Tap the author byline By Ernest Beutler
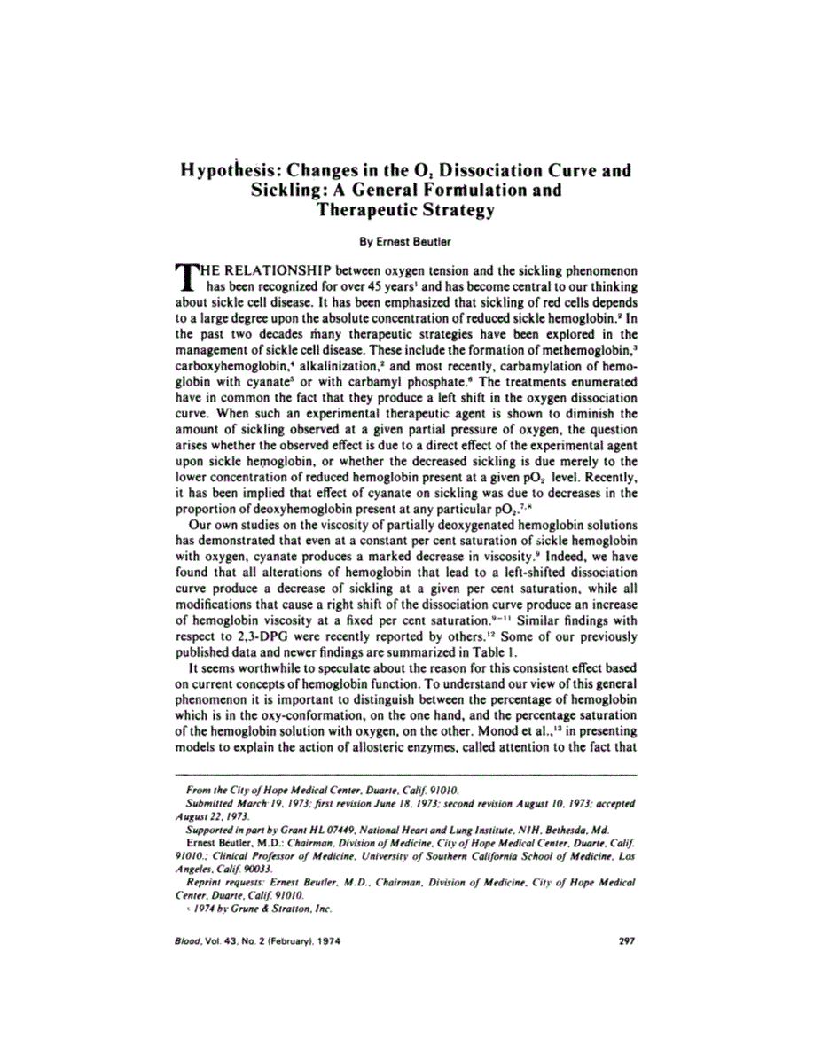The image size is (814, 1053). coord(407,239)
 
